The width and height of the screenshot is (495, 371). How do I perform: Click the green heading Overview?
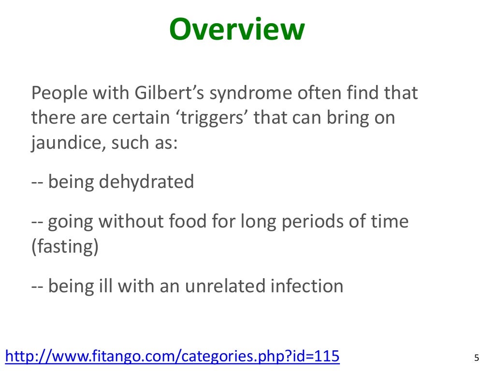tap(237, 30)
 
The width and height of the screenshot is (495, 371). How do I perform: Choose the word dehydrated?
tap(146, 182)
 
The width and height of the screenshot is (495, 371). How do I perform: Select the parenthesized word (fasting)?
tap(65, 247)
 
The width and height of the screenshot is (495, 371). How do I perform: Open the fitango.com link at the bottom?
tap(172, 357)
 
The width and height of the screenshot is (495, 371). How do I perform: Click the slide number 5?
tap(476, 358)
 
